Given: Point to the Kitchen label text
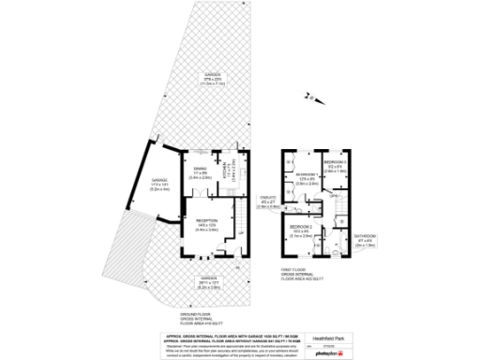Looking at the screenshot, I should [x=228, y=172].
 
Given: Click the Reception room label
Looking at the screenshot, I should [x=207, y=225].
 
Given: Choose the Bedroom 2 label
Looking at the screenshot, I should [x=300, y=231].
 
